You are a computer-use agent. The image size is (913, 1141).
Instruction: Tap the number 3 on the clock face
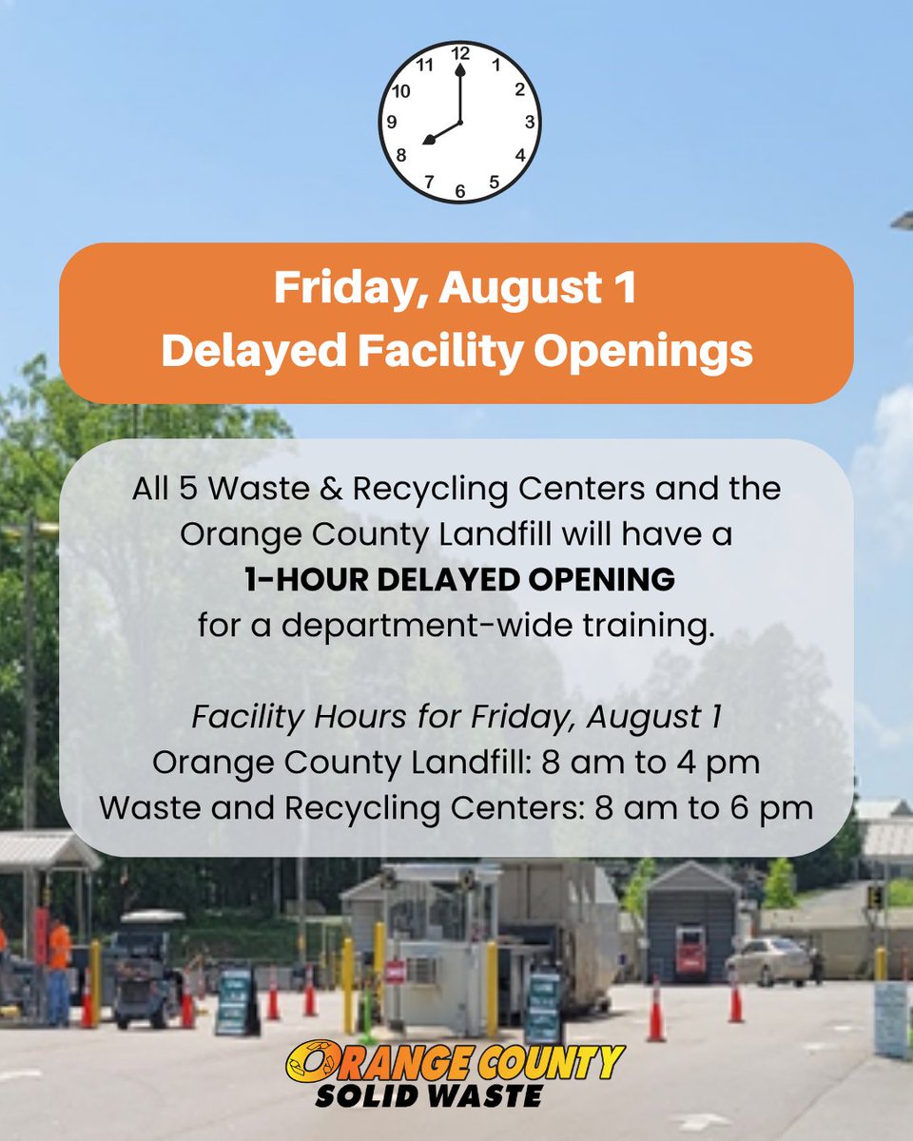(x=530, y=122)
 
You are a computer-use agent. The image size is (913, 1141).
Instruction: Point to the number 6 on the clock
(x=460, y=190)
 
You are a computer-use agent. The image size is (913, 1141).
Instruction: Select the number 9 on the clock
(x=391, y=123)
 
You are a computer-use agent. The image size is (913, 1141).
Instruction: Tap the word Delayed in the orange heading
(x=246, y=351)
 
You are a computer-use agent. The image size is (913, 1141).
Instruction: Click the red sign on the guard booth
(x=395, y=971)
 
